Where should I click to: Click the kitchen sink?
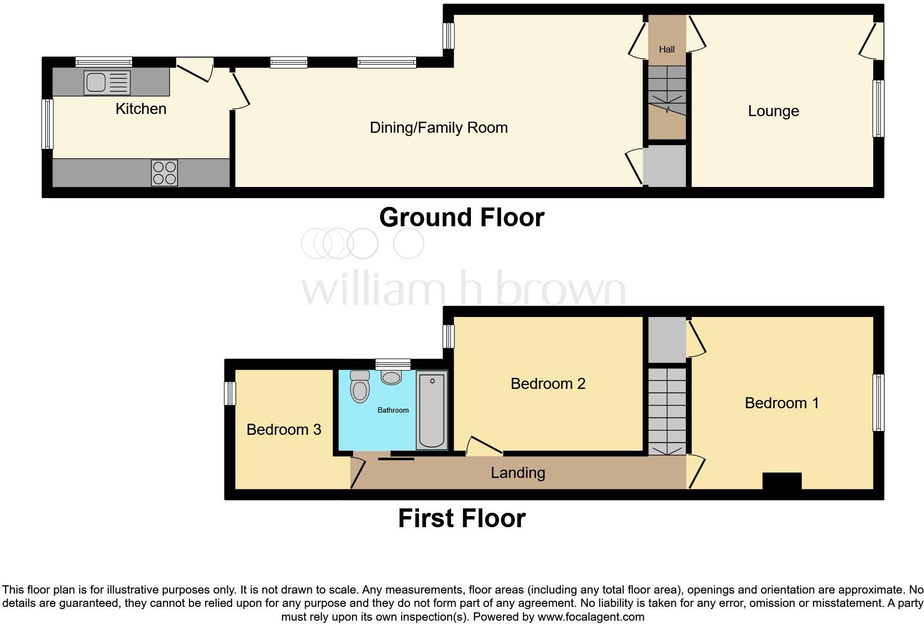(107, 83)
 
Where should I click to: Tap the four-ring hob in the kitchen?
(165, 173)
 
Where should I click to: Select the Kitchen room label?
(141, 109)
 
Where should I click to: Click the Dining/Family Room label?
(438, 128)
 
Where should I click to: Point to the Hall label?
(666, 49)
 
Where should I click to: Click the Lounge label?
(773, 111)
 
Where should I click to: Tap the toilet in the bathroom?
(360, 386)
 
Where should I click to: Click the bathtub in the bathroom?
(432, 410)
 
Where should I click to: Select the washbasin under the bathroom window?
(392, 378)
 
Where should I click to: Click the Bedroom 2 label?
(548, 384)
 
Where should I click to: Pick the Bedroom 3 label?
(283, 430)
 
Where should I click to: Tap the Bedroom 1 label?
(781, 403)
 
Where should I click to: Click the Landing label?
(518, 473)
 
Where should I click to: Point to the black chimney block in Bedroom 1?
(781, 481)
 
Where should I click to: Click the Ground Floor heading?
(461, 217)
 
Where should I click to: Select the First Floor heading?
(461, 519)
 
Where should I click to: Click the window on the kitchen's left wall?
(48, 124)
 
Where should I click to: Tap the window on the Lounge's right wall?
(878, 108)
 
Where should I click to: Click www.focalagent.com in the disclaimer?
(590, 617)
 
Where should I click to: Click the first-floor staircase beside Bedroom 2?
(666, 409)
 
